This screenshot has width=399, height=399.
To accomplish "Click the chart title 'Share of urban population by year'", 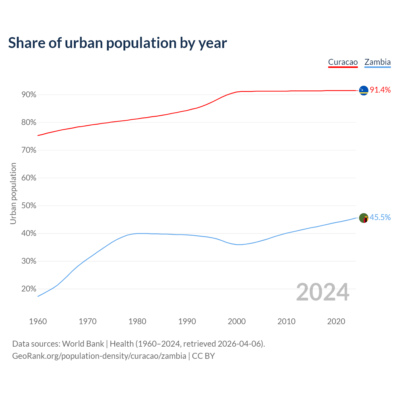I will [118, 43].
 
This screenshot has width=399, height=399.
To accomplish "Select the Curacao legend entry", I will [343, 62].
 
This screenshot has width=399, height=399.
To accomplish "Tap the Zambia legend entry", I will [377, 62].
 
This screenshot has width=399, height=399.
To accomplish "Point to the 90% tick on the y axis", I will [29, 95].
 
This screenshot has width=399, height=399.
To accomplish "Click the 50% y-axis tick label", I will [29, 206].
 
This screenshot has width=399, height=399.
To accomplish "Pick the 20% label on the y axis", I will [29, 289].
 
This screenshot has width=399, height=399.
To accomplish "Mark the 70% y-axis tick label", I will [29, 150].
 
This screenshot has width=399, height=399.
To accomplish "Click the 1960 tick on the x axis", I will [38, 321].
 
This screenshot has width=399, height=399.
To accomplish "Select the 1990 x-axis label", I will [187, 321].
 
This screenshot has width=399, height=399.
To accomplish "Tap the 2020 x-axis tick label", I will [336, 321].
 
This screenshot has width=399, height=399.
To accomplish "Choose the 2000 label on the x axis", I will [237, 321].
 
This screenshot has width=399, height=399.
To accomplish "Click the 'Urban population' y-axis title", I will [13, 193].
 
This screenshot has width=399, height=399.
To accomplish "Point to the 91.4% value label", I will [380, 90].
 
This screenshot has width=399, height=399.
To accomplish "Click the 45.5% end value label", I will [380, 217].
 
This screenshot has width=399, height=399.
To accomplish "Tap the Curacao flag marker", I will [363, 90].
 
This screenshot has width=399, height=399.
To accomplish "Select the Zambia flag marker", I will [363, 218].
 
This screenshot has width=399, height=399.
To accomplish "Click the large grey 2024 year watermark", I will [323, 292].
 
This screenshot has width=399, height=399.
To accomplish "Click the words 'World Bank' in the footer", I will [83, 344].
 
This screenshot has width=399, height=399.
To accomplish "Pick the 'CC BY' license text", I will [203, 356].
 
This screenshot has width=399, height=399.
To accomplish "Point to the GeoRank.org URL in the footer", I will [99, 356].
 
